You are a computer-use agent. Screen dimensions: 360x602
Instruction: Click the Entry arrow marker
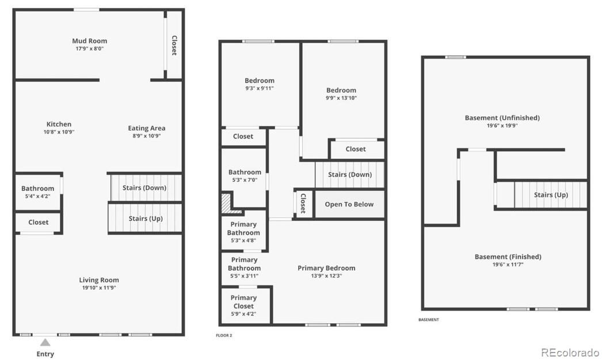(45, 342)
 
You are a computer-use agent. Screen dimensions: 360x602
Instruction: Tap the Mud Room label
(89, 41)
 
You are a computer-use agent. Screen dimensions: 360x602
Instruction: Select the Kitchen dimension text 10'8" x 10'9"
(59, 132)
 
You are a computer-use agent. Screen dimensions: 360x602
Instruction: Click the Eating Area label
(146, 128)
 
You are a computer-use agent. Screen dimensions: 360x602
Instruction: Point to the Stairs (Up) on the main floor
(146, 219)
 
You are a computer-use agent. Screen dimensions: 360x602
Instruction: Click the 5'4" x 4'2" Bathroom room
(38, 192)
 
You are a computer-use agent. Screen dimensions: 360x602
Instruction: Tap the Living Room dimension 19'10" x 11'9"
(99, 288)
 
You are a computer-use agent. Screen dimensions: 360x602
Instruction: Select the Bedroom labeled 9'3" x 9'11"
(260, 84)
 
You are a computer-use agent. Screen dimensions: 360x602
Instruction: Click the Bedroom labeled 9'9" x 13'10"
(341, 94)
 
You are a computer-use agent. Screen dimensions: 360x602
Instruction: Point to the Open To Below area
(349, 204)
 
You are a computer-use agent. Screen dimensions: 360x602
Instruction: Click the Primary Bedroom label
(326, 268)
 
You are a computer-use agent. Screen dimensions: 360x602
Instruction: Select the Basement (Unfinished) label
(502, 118)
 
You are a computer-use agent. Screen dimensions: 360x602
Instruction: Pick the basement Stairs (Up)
(551, 195)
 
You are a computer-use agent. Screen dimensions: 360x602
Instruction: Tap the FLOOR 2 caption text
(224, 335)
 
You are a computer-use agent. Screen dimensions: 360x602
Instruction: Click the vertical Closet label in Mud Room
(174, 45)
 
